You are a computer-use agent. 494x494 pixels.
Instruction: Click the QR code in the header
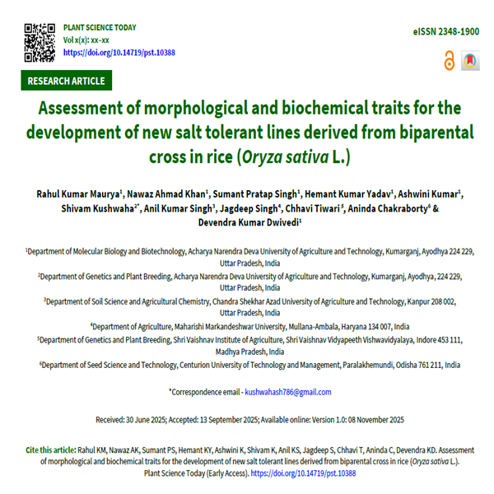coord(40,40)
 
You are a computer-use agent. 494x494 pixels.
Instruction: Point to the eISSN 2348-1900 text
coord(445,30)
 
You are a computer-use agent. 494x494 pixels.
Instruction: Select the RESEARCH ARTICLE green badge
coord(66,81)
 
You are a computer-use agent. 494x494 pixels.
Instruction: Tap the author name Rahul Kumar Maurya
coord(78,193)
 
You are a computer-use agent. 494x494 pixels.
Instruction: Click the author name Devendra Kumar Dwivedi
coord(247,222)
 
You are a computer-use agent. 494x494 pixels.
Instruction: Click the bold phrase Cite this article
coord(49,450)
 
